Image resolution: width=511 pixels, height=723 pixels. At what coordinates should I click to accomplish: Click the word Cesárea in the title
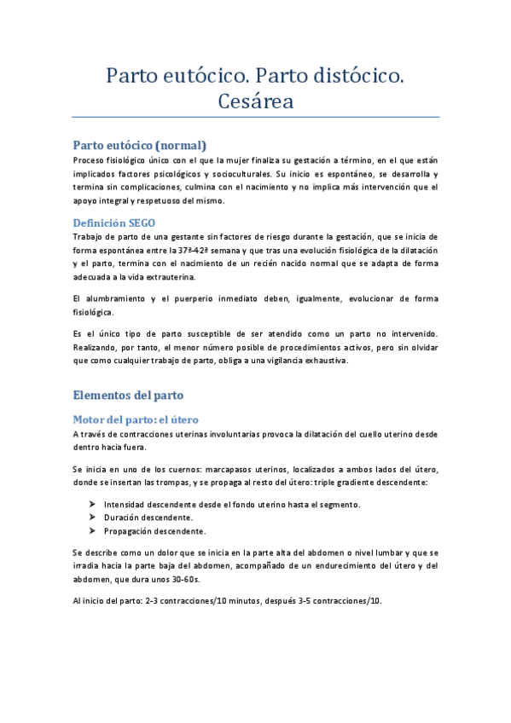coord(256,102)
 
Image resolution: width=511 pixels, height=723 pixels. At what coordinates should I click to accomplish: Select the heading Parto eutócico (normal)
coord(139,145)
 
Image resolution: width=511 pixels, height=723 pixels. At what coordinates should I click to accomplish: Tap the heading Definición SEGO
coord(113,223)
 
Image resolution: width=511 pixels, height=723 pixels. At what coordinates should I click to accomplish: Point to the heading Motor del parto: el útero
coord(136,419)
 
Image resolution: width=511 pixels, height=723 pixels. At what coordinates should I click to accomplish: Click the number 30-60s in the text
coord(183,579)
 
